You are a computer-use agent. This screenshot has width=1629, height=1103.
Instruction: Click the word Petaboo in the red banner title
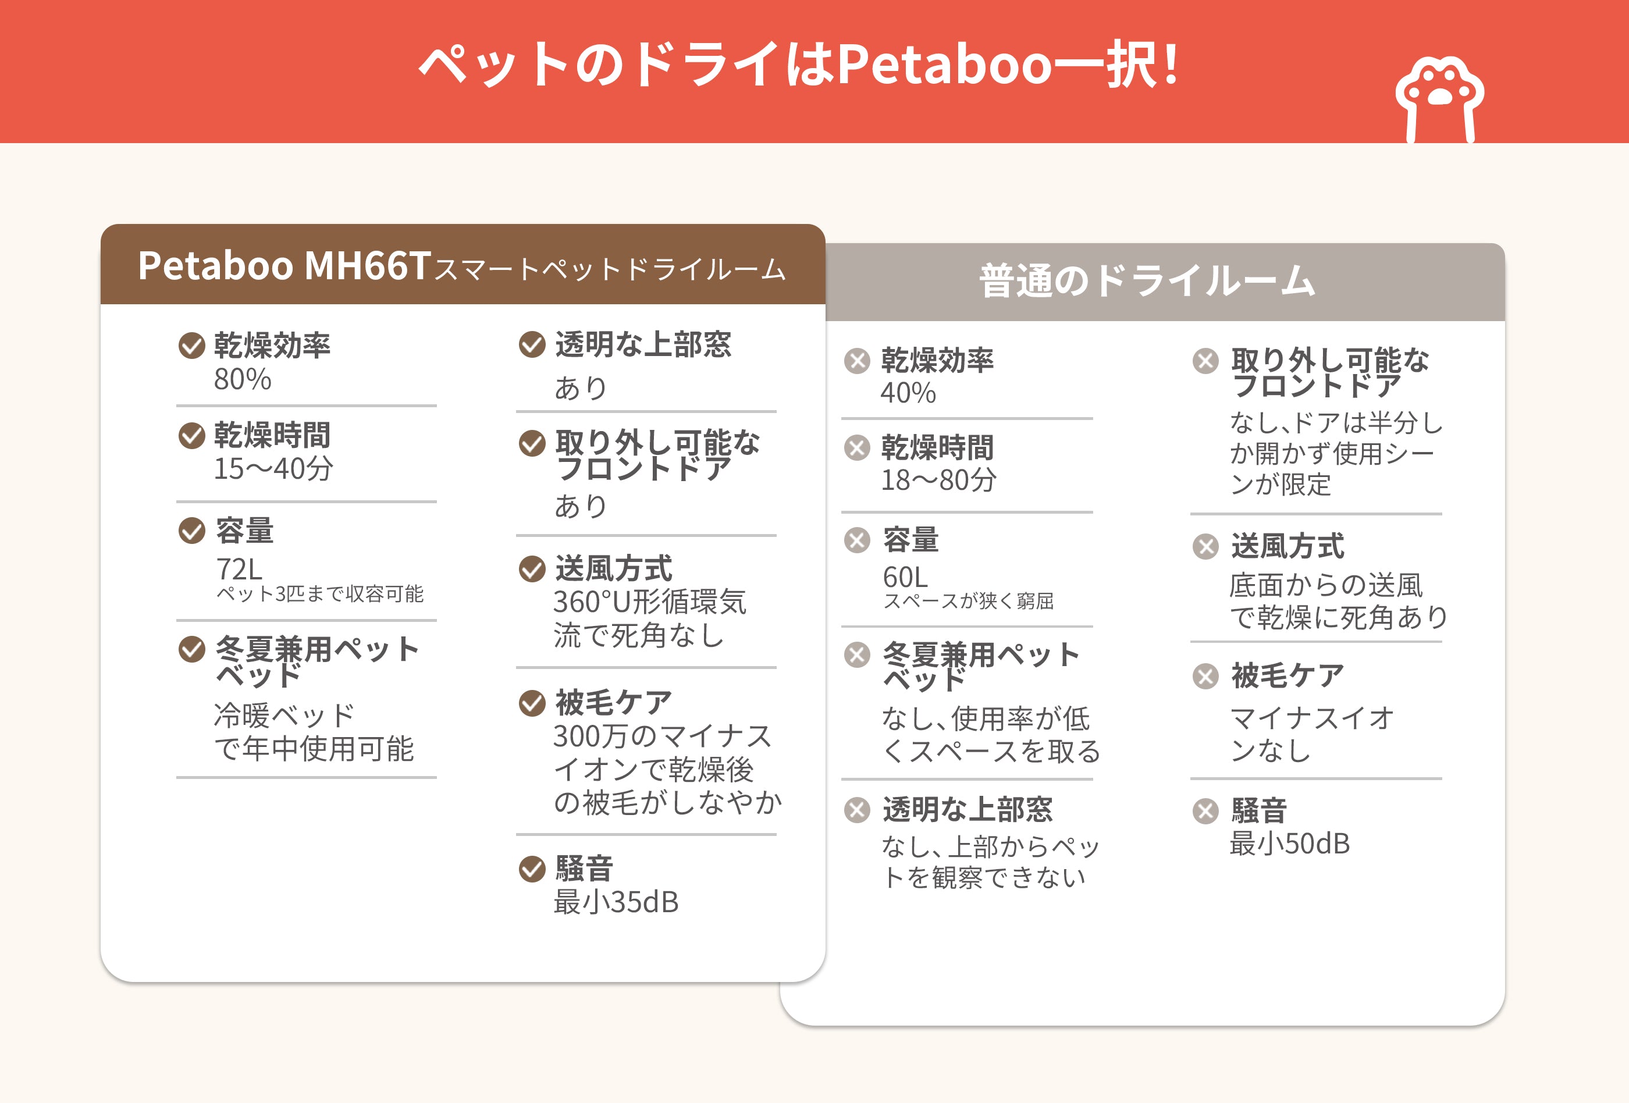pos(945,65)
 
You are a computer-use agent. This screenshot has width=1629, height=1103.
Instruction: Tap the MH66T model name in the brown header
pos(367,266)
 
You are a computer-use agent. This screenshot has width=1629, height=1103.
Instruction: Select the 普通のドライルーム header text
pos(1147,280)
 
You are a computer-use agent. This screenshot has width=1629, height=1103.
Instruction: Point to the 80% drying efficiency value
pos(243,379)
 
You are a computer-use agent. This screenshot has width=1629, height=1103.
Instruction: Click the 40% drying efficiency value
pos(908,393)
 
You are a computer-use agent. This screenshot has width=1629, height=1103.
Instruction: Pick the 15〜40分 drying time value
pos(273,468)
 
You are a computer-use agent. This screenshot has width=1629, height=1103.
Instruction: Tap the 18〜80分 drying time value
pos(938,480)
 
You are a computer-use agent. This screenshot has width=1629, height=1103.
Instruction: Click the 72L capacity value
pos(239,569)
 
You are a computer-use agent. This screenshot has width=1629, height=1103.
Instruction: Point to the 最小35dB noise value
pos(616,902)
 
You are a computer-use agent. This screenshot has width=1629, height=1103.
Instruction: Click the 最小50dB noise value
pos(1290,844)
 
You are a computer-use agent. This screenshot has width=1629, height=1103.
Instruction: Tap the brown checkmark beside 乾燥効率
pos(191,346)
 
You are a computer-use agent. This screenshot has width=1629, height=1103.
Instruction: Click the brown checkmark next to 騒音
pos(532,869)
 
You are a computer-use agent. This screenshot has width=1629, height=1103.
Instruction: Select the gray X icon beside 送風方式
pos(1205,547)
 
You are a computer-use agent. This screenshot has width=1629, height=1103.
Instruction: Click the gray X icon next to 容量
pos(856,540)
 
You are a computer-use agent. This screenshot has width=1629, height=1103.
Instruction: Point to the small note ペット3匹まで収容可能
pos(319,594)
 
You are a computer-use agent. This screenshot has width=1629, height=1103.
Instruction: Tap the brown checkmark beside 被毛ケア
pos(532,703)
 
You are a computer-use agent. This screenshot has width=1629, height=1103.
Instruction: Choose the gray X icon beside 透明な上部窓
pos(856,810)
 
